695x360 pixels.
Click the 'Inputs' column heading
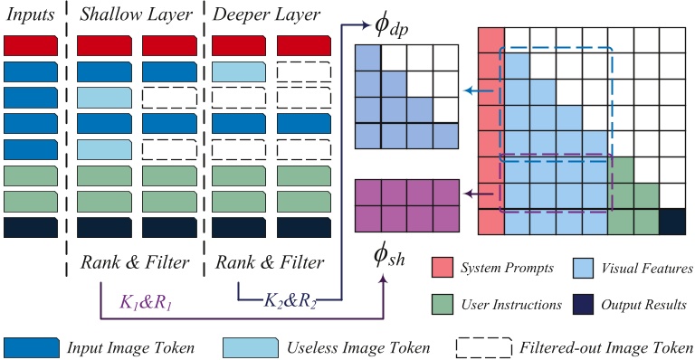30,15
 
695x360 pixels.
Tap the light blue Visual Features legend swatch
585,268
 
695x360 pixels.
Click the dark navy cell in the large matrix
672,221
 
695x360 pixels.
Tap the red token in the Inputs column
32,44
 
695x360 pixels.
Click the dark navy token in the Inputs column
32,227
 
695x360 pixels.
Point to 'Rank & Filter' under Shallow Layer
136,263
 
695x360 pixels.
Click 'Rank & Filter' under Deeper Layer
269,263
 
